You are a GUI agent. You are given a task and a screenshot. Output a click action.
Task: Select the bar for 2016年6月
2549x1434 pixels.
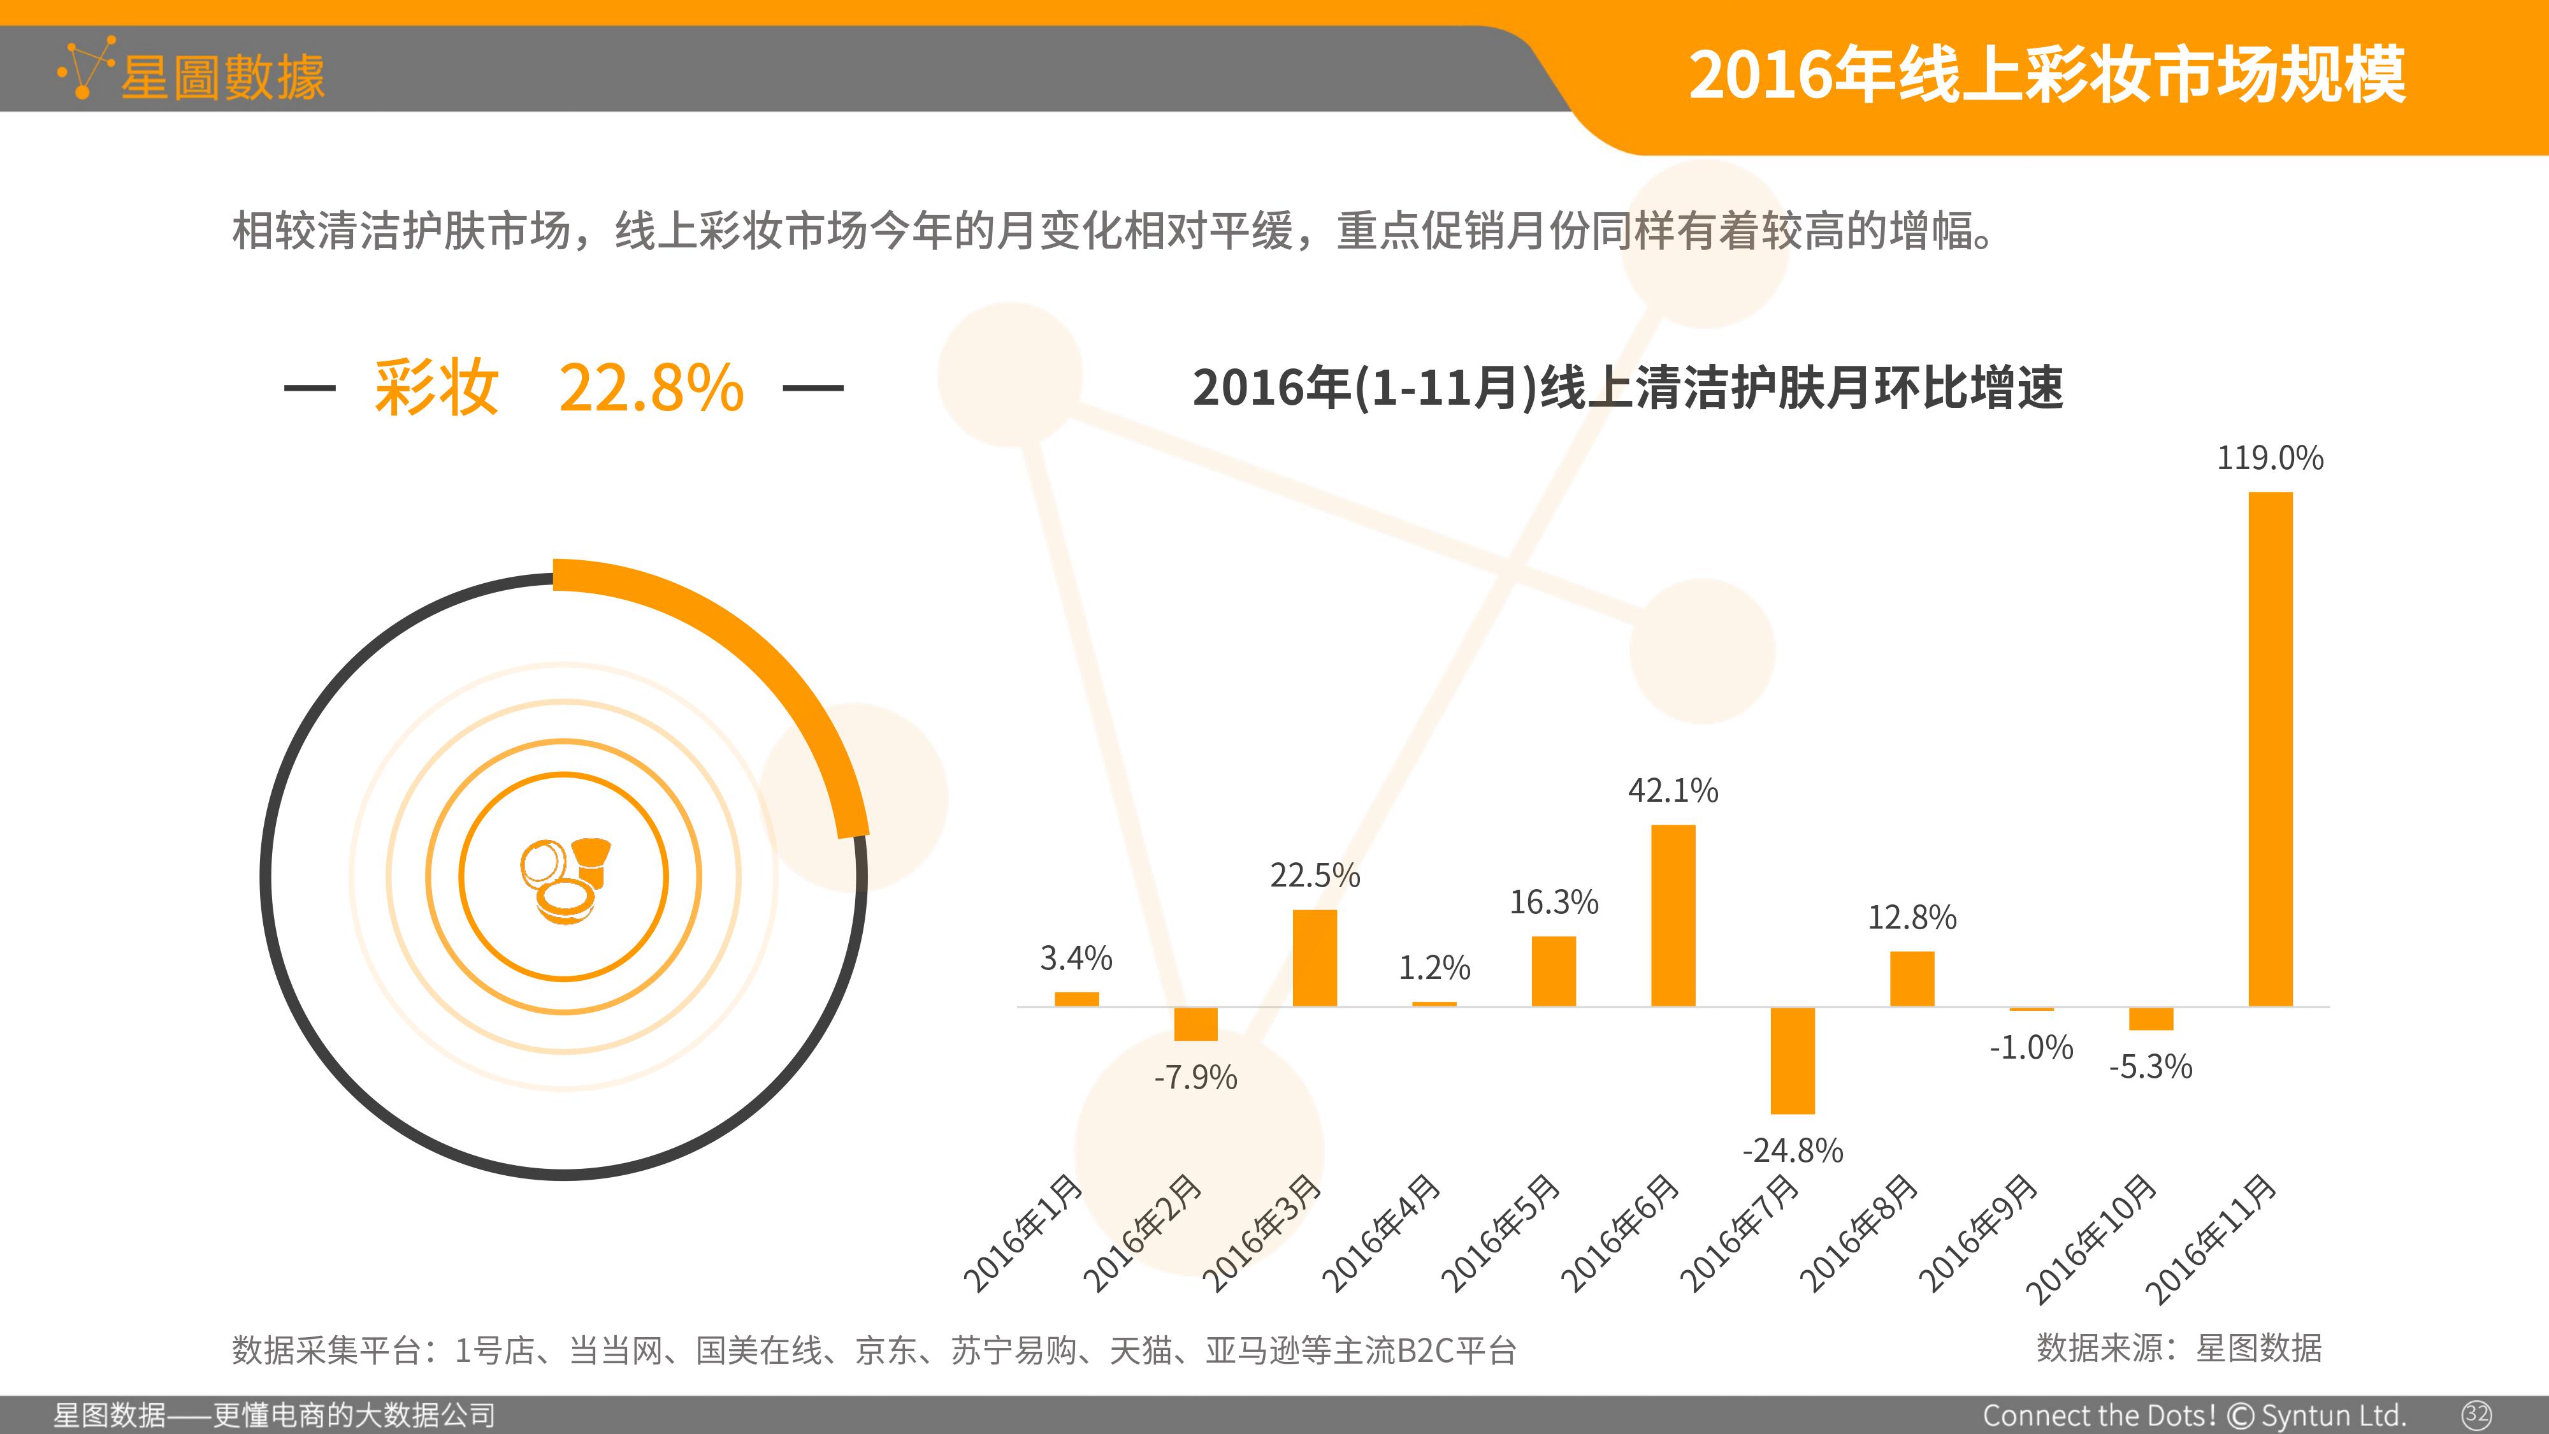1673,915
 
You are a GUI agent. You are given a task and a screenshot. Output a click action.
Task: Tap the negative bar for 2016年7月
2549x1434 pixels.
1793,1060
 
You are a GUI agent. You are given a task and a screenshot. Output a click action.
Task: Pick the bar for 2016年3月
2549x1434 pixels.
1315,958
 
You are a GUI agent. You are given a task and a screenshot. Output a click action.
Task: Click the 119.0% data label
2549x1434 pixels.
2270,458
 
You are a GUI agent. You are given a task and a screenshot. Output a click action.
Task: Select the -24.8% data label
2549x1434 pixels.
1793,1150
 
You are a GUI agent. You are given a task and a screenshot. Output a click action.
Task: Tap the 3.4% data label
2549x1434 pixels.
1076,958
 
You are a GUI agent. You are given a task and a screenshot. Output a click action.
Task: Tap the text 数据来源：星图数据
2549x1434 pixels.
2179,1348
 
